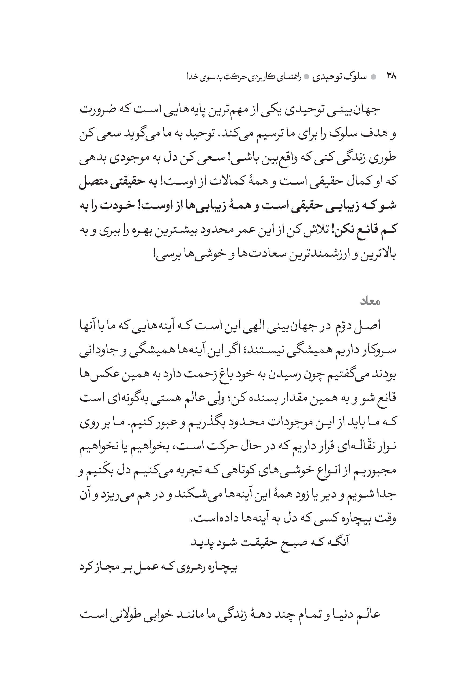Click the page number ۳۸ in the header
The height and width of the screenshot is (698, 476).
point(391,77)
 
